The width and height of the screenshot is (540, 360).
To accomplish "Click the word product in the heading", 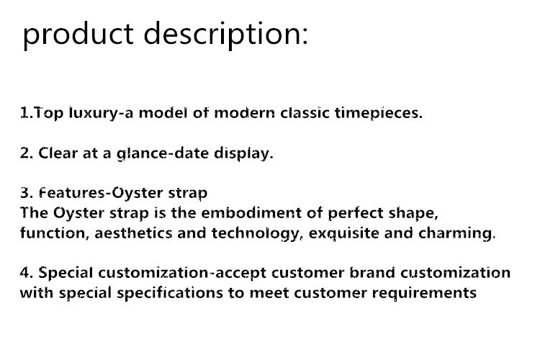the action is click(78, 35).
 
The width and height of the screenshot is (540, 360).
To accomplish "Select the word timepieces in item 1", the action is click(379, 113).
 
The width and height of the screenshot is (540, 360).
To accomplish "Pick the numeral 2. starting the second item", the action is click(27, 153).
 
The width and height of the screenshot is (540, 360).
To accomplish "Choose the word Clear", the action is click(58, 153).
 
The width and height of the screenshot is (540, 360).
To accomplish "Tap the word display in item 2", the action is click(243, 153).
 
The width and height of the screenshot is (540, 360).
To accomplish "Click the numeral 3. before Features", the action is click(27, 193).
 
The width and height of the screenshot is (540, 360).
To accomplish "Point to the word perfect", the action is click(356, 214).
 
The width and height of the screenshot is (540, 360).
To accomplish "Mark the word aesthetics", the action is click(133, 233).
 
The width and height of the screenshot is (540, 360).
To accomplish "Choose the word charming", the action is click(457, 233).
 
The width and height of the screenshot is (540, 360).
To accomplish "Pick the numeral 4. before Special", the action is click(27, 273).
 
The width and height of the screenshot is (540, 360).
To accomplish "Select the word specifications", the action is click(170, 293).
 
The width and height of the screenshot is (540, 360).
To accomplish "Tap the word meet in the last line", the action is click(269, 294).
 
